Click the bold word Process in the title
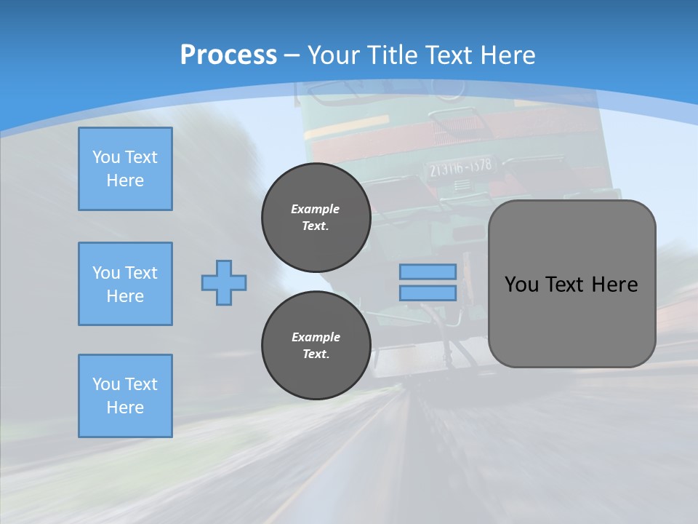[x=228, y=55]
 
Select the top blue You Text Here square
[x=125, y=169]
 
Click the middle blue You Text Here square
[x=125, y=284]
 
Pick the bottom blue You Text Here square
[x=125, y=396]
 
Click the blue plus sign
[x=224, y=282]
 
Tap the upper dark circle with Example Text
[x=316, y=218]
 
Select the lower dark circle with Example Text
[x=316, y=346]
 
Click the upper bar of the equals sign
[x=428, y=271]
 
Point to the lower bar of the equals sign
[x=428, y=293]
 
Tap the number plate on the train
[x=460, y=167]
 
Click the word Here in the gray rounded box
[x=614, y=285]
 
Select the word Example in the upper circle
[x=316, y=209]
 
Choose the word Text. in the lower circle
[x=316, y=354]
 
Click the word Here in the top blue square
[x=125, y=180]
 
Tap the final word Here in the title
[x=508, y=55]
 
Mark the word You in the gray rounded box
[x=521, y=285]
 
